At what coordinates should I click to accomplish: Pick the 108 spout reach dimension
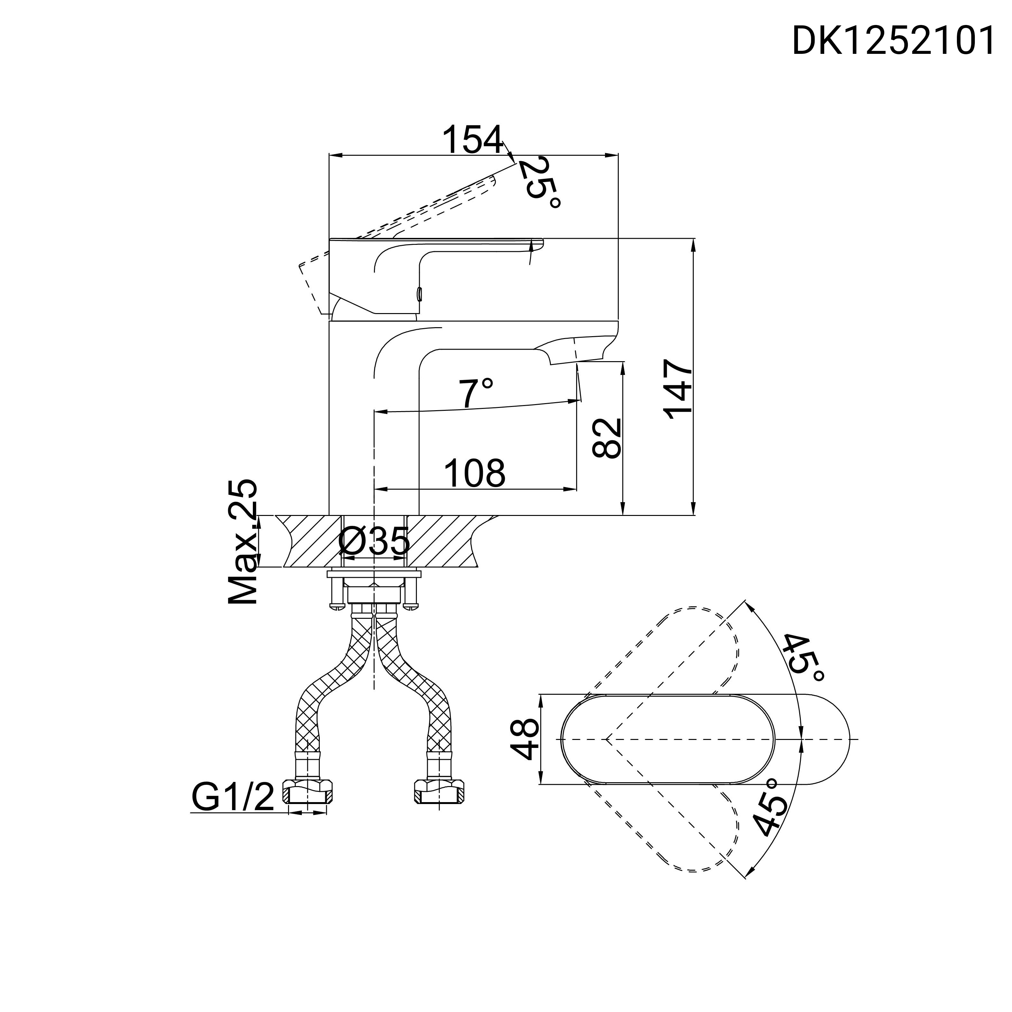[x=475, y=473]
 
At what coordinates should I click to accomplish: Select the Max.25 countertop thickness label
[x=243, y=542]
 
